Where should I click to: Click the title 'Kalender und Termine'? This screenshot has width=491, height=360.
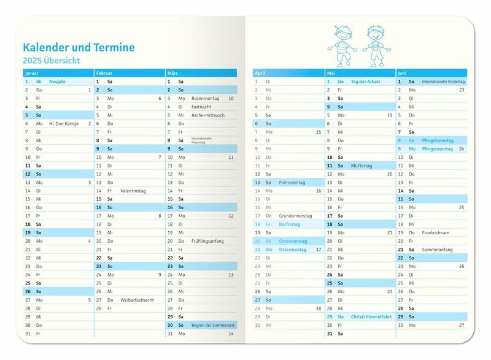pos(79,47)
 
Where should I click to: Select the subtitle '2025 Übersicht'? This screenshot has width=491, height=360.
pos(52,61)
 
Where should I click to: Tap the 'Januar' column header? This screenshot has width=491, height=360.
pos(32,73)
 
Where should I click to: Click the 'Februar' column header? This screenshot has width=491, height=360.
pos(104,73)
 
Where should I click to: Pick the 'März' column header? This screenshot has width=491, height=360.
pos(173,73)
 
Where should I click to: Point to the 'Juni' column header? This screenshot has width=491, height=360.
pos(404,73)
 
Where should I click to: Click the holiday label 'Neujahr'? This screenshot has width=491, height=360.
pos(57,81)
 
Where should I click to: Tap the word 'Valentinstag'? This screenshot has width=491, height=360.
pos(133,191)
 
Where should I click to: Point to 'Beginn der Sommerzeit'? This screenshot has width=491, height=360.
pos(212,325)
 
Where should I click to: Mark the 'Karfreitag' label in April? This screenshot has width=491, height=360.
pos(289,224)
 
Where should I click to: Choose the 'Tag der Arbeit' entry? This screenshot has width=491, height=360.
pos(365,81)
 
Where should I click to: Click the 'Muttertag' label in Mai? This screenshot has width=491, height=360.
pos(361,166)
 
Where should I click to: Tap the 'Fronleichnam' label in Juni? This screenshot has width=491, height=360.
pos(435,232)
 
